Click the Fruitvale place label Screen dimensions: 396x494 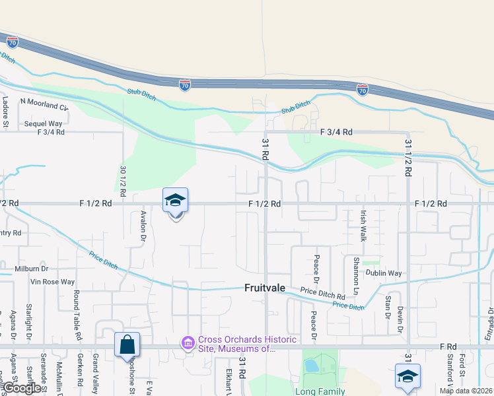tap(266, 288)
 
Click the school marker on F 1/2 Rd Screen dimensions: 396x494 tap(176, 201)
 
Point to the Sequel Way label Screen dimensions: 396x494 tap(43, 123)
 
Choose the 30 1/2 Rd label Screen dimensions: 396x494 tap(123, 179)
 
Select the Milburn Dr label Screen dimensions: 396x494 tap(31, 269)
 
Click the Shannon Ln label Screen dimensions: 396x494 tap(356, 277)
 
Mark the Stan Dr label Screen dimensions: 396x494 tap(387, 307)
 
